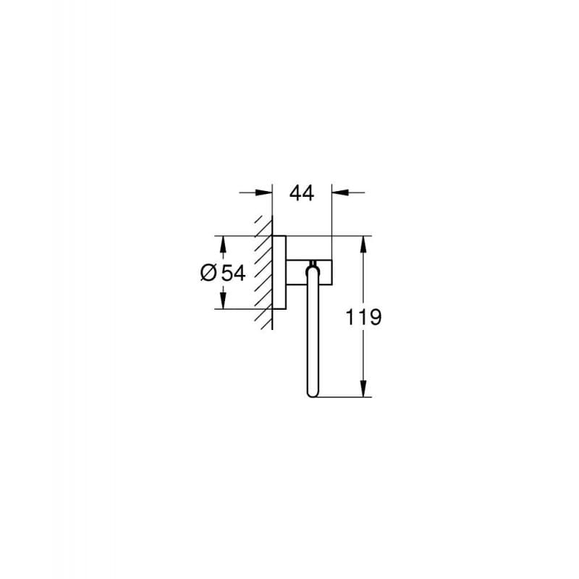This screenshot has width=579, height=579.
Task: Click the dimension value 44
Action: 302,193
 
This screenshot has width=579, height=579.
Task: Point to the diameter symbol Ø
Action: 208,273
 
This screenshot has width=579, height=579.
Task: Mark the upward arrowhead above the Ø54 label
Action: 223,242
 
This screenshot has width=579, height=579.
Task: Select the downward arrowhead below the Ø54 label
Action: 223,303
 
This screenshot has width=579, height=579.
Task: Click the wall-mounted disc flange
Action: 277,273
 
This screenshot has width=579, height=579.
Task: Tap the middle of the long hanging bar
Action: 313,333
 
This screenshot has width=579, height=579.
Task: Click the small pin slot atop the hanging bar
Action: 313,263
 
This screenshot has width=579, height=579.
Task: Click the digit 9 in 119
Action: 375,317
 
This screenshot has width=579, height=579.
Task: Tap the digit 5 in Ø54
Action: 227,273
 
